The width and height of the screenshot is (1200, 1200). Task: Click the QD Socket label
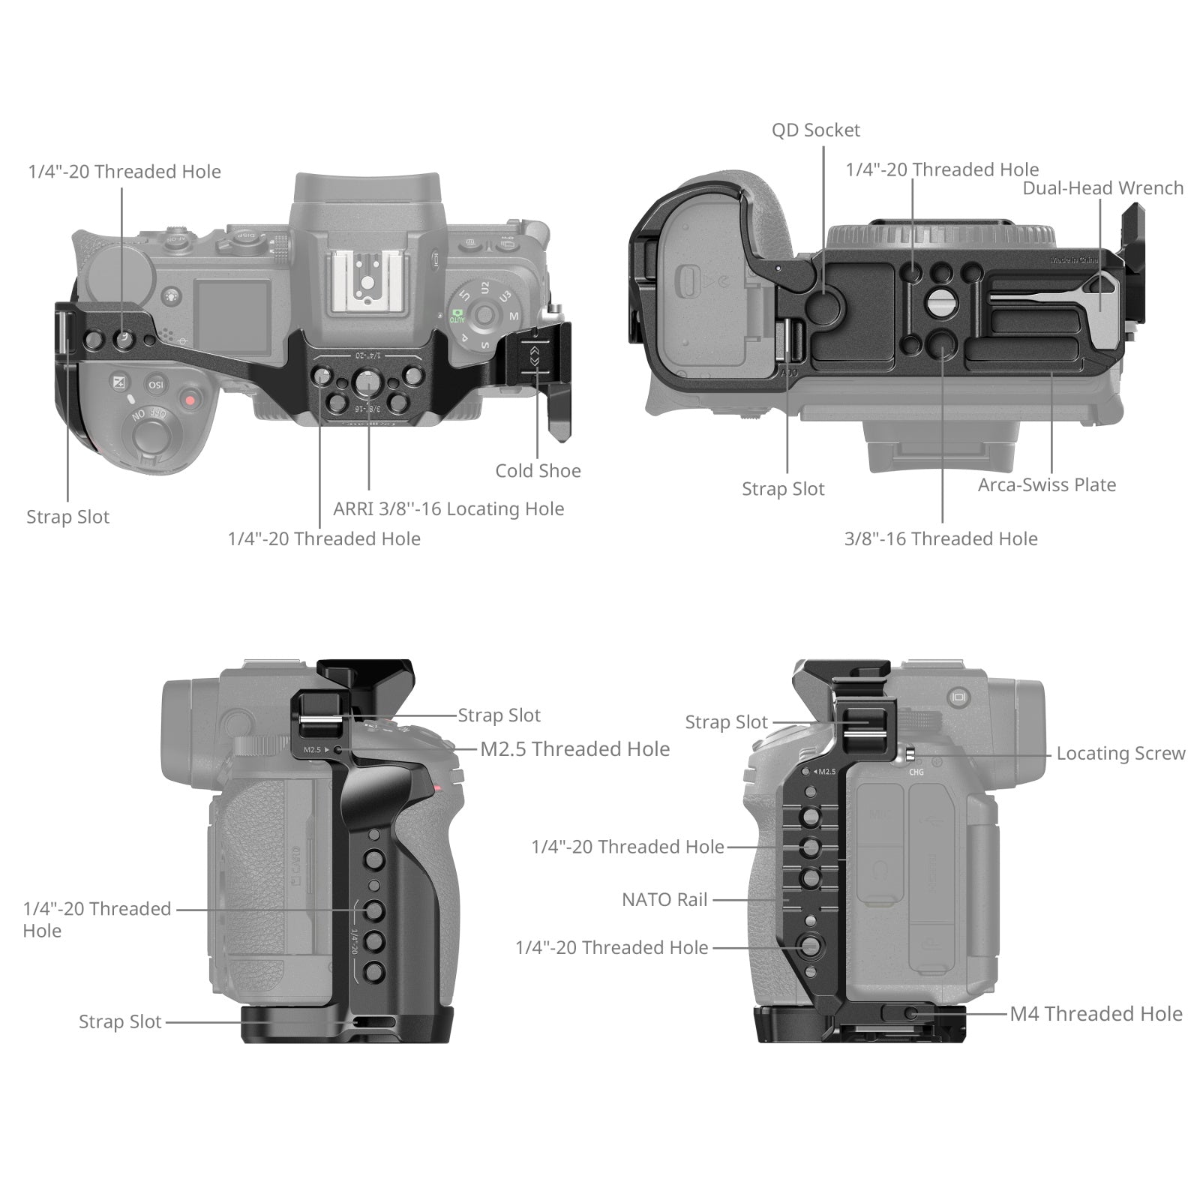coord(815,130)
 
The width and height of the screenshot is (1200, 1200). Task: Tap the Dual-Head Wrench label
coord(1102,188)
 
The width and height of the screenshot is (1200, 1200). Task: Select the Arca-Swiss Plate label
coord(1046,485)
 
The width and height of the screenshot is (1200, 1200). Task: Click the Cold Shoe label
coord(538,471)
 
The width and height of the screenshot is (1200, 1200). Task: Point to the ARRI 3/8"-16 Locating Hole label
coord(448,509)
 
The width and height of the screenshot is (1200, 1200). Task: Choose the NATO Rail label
coord(664,900)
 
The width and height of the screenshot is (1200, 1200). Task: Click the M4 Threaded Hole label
coord(1096,1014)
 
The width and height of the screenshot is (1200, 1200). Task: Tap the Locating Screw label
coord(1120,754)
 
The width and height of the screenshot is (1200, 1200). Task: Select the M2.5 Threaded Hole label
coord(574,749)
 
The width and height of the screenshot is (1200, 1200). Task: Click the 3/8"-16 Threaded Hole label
coord(940,539)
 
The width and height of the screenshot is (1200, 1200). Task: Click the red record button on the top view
coord(190,400)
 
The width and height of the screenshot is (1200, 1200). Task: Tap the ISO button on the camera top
coord(156,385)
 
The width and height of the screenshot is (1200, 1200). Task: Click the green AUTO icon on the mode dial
coord(457,315)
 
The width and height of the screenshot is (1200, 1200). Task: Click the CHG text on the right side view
coord(916,772)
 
